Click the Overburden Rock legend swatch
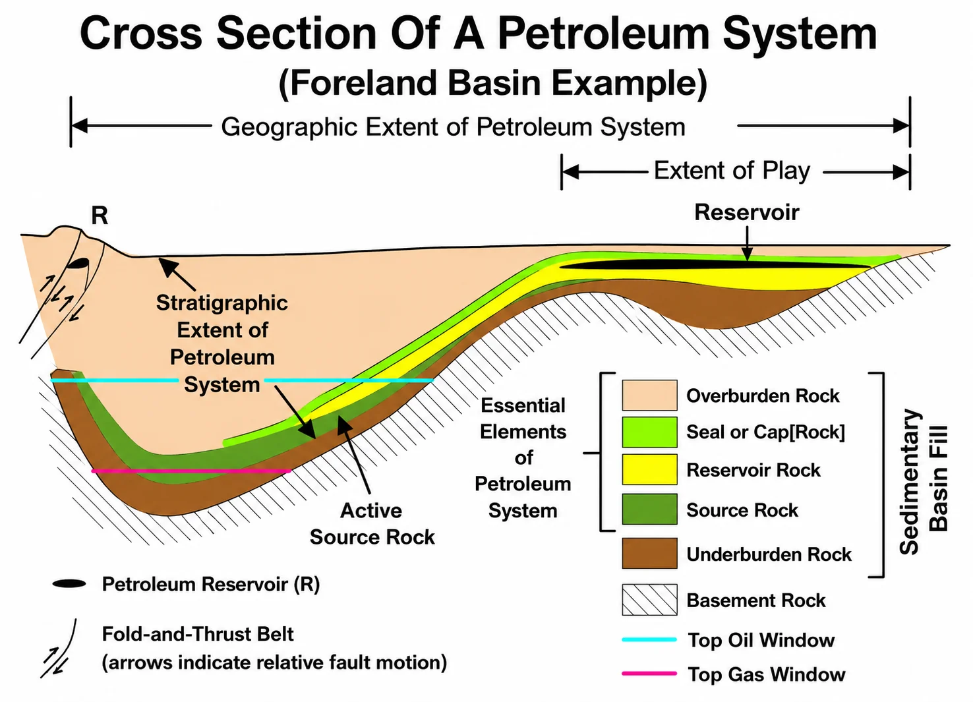pyautogui.click(x=649, y=395)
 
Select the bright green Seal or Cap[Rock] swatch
pyautogui.click(x=649, y=432)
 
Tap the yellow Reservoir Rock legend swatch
pyautogui.click(x=649, y=469)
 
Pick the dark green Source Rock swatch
pyautogui.click(x=649, y=509)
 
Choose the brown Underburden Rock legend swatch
pyautogui.click(x=649, y=553)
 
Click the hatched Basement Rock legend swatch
pyautogui.click(x=649, y=599)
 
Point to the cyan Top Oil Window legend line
pyautogui.click(x=649, y=639)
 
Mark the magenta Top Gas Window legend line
pyautogui.click(x=649, y=674)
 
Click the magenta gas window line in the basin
pyautogui.click(x=191, y=471)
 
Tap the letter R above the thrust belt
pyautogui.click(x=100, y=215)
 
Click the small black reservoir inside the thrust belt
pyautogui.click(x=78, y=263)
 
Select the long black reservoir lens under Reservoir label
pyautogui.click(x=715, y=264)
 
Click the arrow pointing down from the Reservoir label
pyautogui.click(x=747, y=243)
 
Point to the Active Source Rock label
pyautogui.click(x=372, y=523)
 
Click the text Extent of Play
pyautogui.click(x=732, y=170)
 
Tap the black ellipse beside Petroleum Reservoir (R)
pyautogui.click(x=69, y=583)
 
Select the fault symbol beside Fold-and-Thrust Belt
pyautogui.click(x=59, y=649)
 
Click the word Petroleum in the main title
pyautogui.click(x=603, y=33)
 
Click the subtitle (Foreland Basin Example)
pyautogui.click(x=493, y=82)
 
